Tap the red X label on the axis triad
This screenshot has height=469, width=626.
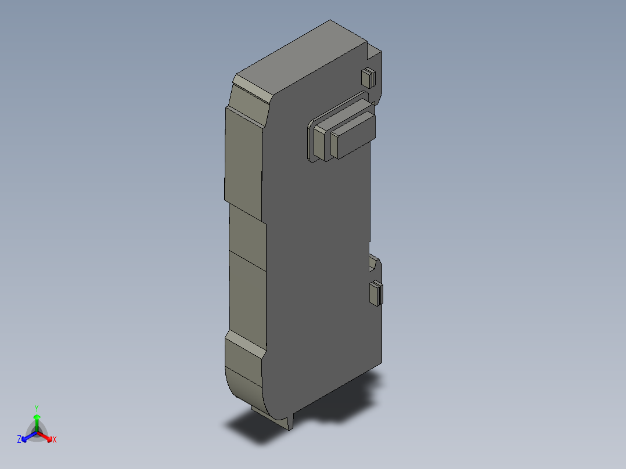click(x=54, y=439)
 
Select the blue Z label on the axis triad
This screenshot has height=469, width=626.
click(x=19, y=439)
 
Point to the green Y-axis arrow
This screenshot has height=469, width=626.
click(x=37, y=420)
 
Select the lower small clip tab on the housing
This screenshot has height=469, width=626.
click(x=376, y=293)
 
